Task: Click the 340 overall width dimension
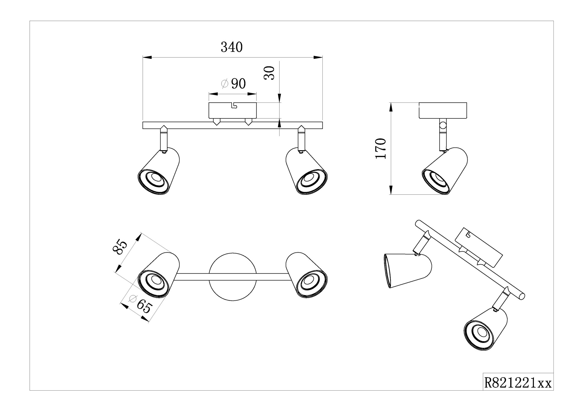[x=232, y=47]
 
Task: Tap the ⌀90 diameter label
[x=234, y=84]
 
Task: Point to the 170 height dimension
[x=381, y=149]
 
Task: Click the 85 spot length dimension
[x=120, y=247]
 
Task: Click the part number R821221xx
[x=518, y=383]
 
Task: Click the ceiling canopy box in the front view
[x=232, y=110]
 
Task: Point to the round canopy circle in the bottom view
[x=232, y=277]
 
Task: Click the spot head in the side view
[x=445, y=171]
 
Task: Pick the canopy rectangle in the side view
[x=443, y=110]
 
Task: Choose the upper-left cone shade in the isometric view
[x=407, y=270]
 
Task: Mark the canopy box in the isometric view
[x=479, y=247]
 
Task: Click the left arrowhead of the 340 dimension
[x=147, y=57]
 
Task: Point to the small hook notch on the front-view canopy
[x=234, y=105]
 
